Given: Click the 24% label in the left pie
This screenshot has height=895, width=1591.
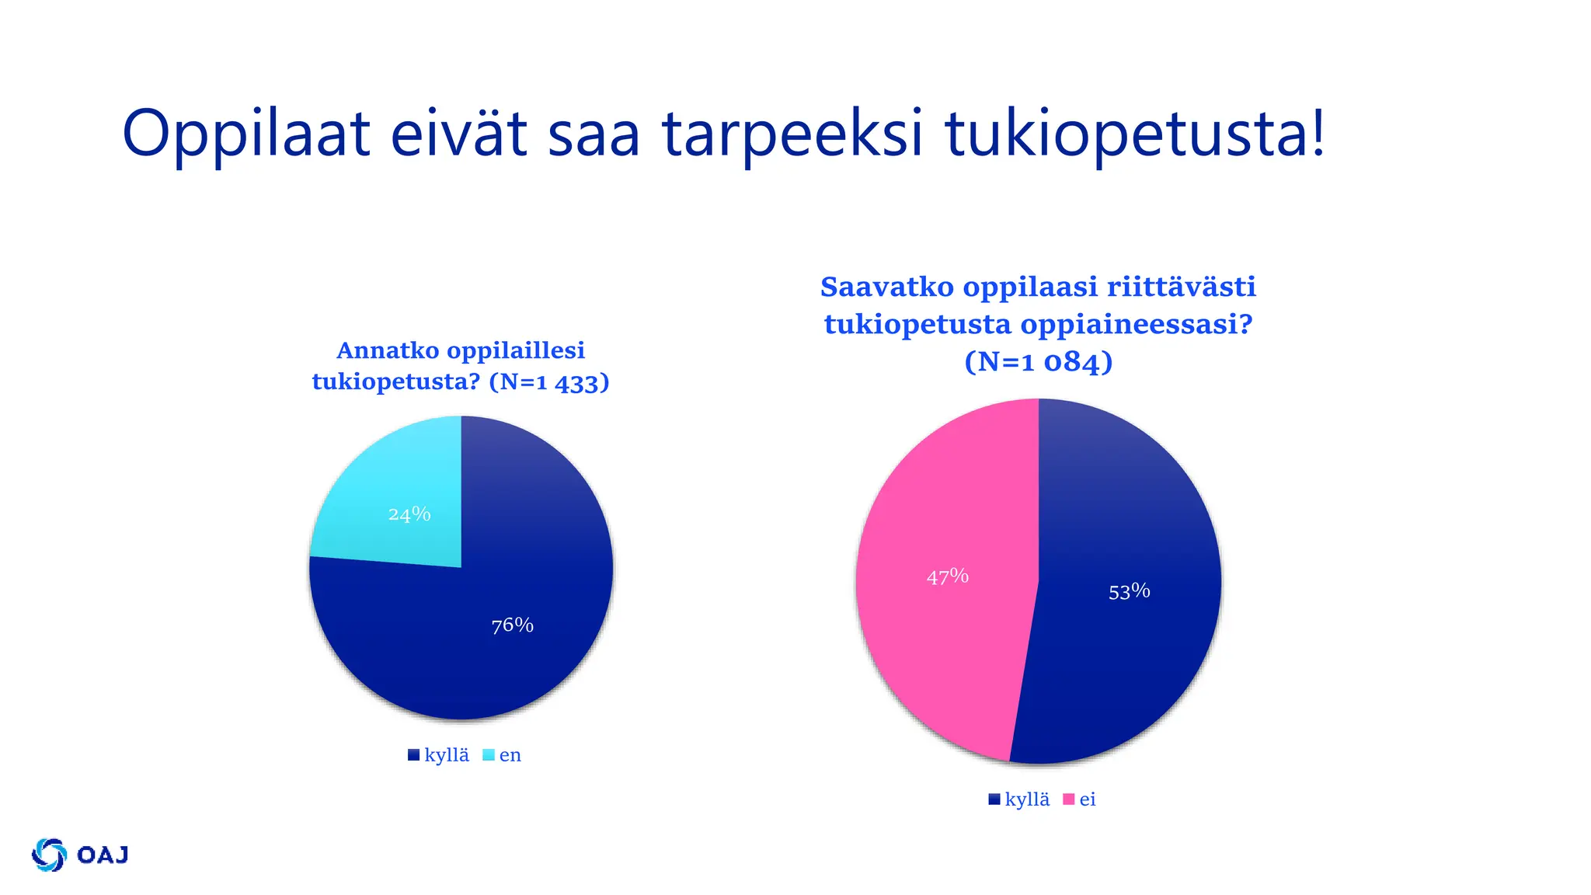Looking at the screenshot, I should (409, 514).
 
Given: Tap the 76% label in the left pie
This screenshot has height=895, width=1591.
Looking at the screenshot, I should (513, 625).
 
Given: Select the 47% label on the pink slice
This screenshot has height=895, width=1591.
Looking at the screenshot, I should (948, 576).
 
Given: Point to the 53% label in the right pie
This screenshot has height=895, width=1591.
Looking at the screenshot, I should (1129, 592).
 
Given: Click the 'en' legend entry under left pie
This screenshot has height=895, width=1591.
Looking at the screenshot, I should (509, 755).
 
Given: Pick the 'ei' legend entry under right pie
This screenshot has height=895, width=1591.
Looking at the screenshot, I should (1087, 799).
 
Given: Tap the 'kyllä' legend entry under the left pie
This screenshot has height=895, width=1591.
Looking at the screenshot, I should (446, 755).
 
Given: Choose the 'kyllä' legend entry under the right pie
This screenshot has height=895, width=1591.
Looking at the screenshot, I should (1026, 799).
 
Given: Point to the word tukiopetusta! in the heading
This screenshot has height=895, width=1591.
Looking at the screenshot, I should (1134, 134).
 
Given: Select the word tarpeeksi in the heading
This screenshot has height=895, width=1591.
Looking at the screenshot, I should (792, 134).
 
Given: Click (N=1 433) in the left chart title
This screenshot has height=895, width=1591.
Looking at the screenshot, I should (549, 382).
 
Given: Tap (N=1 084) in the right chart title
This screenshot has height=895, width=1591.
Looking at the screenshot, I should (1039, 362).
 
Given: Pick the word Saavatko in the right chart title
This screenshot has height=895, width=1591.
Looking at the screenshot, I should (886, 287).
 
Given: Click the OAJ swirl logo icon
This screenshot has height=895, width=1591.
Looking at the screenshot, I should (49, 855).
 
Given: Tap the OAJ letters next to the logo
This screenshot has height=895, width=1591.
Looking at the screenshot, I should (103, 855).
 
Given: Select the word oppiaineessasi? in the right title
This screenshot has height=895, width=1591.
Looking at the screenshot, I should (1137, 324).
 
